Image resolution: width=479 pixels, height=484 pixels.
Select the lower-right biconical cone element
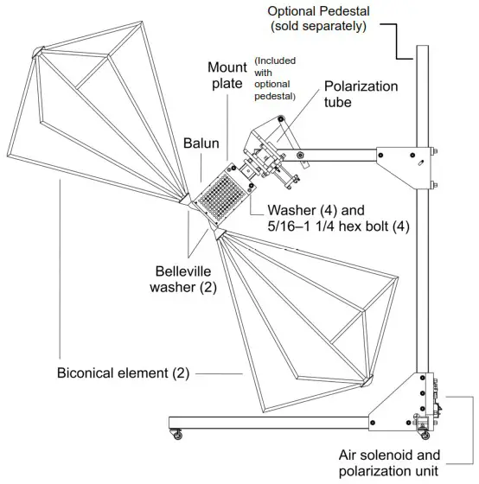[294, 311]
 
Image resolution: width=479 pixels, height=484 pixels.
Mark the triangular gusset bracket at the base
[393, 402]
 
